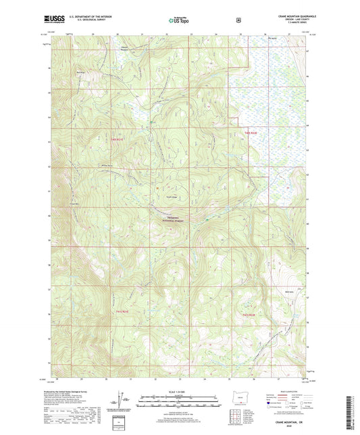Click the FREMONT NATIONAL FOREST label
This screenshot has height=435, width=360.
tap(173, 220)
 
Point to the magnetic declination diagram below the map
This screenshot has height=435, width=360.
tap(124, 400)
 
